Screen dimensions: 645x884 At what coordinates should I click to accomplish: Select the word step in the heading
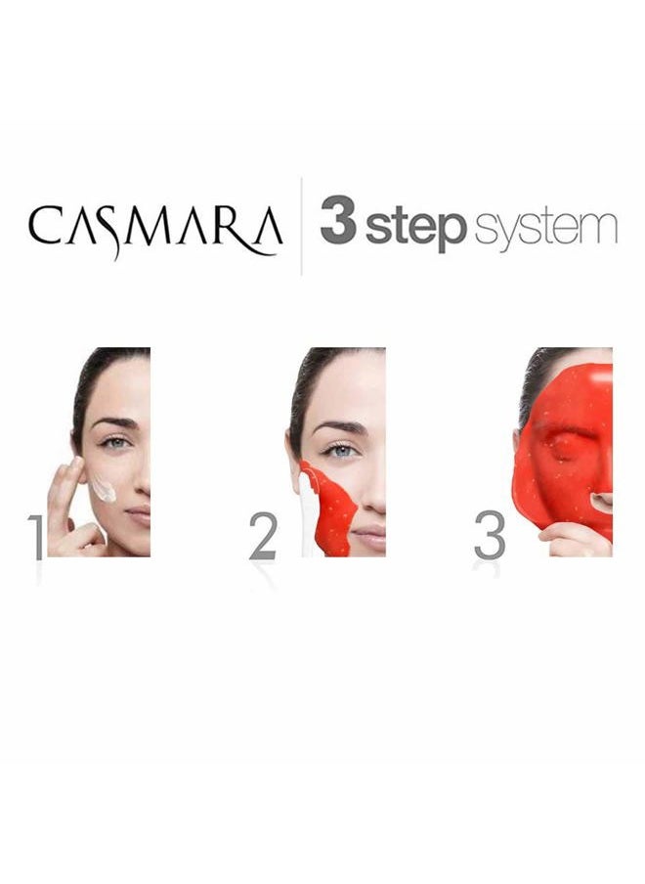(x=416, y=227)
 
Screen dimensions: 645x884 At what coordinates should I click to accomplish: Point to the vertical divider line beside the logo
(x=301, y=226)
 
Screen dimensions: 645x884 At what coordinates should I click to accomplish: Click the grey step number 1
(x=36, y=537)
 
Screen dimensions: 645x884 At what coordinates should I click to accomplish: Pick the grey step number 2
(x=263, y=536)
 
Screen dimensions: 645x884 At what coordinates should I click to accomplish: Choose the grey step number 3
(x=490, y=535)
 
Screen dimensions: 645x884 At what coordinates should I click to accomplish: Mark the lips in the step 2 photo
(x=370, y=534)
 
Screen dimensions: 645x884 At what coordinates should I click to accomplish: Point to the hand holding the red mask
(x=573, y=541)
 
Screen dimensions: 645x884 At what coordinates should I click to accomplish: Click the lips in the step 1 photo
(x=139, y=514)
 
